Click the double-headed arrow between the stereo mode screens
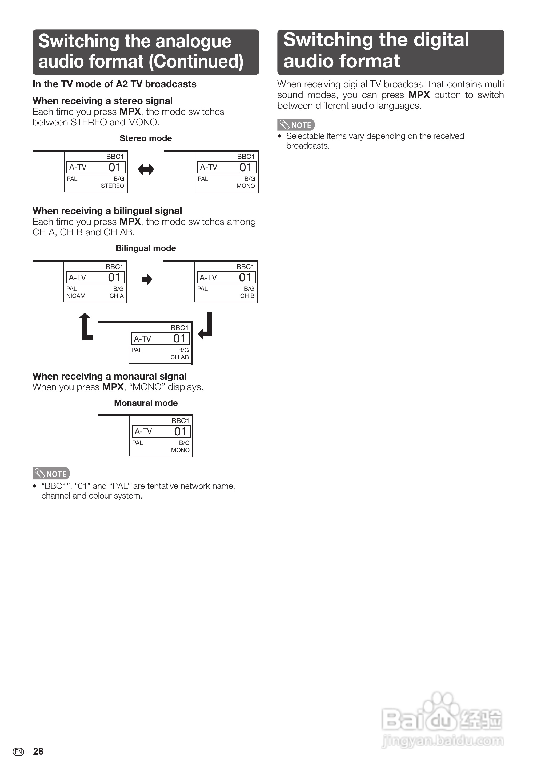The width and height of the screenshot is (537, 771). pyautogui.click(x=146, y=169)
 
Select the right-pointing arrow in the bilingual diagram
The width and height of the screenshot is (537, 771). pyautogui.click(x=147, y=279)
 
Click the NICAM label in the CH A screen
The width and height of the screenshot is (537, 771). pyautogui.click(x=76, y=296)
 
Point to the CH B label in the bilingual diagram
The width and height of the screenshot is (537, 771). pyautogui.click(x=247, y=296)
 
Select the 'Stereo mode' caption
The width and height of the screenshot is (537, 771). pyautogui.click(x=146, y=138)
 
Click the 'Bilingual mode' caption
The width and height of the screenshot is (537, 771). pyautogui.click(x=146, y=248)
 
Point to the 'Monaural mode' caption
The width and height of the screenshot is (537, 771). pyautogui.click(x=146, y=403)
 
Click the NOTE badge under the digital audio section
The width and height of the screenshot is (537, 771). pyautogui.click(x=296, y=125)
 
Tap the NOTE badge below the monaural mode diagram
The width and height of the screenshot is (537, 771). pyautogui.click(x=51, y=474)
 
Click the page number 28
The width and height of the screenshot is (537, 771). pyautogui.click(x=38, y=752)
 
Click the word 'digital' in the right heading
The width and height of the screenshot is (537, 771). pyautogui.click(x=441, y=40)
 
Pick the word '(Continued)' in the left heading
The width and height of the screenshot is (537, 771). pyautogui.click(x=196, y=62)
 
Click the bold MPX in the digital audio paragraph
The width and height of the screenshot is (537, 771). pyautogui.click(x=419, y=95)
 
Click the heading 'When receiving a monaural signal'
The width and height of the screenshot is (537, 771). pyautogui.click(x=109, y=376)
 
